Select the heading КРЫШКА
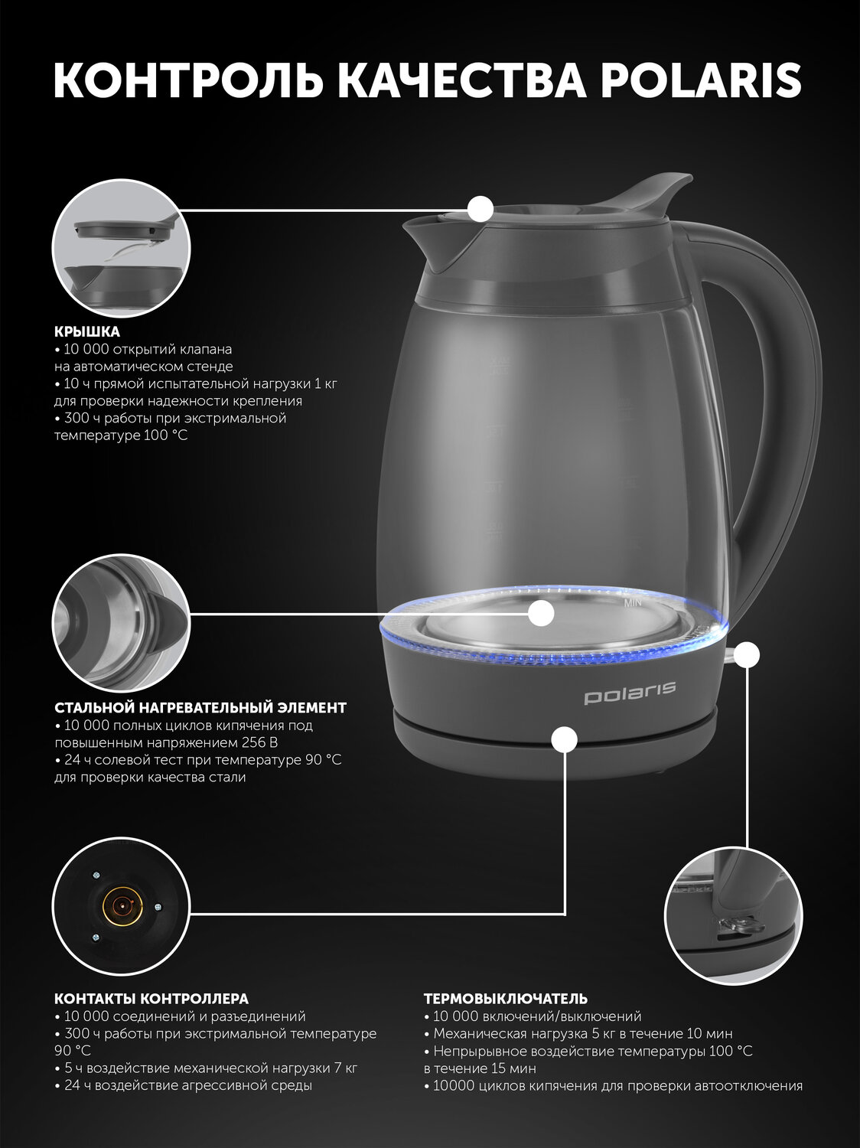(87, 331)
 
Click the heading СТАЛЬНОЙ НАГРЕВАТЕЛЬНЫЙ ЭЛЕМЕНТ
(200, 708)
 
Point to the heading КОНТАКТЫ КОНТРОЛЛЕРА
(151, 999)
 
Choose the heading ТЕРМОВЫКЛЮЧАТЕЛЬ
(506, 999)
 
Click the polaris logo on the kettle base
(630, 693)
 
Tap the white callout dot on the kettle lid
(480, 209)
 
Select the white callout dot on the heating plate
(541, 613)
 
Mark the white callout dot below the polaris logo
(564, 739)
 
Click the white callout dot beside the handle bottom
(746, 654)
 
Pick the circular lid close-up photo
(122, 249)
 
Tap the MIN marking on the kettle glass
(632, 603)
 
